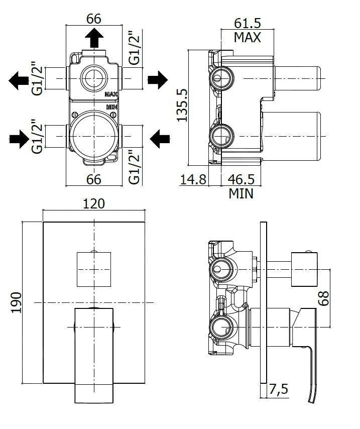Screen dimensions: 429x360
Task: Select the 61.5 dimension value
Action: coord(247,23)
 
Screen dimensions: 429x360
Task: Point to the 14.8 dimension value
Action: coord(193,179)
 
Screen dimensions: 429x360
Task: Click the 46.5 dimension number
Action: coord(241,179)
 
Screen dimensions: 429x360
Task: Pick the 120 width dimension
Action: coord(94,203)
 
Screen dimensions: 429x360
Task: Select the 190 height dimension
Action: coord(16,302)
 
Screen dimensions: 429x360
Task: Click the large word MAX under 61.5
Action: coord(247,37)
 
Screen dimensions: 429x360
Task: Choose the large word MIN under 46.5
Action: coord(241,193)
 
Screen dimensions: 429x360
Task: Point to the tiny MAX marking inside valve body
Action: coord(111,94)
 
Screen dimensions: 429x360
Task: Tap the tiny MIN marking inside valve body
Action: coord(111,106)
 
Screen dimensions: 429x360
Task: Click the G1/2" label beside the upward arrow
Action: coord(134,48)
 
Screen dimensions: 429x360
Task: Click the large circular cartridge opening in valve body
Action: coord(93,136)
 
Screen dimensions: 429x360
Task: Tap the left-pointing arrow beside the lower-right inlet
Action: coord(162,137)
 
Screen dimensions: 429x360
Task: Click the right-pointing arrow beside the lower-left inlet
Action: coord(20,137)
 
